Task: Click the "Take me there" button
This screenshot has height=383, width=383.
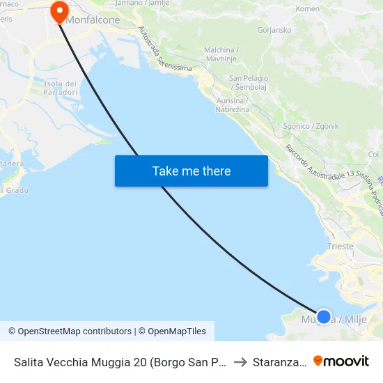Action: (191, 171)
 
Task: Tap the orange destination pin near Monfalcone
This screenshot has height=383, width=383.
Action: (58, 10)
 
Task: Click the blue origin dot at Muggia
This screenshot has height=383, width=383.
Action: (324, 317)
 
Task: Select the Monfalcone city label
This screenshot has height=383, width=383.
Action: (93, 20)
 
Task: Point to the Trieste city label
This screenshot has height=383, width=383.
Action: (341, 246)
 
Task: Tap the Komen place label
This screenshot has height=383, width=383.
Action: (307, 8)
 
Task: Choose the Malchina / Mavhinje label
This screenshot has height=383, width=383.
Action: (222, 54)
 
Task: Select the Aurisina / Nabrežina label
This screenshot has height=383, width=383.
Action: (233, 105)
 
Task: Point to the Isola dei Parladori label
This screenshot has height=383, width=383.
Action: (60, 88)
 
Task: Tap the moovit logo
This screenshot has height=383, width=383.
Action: (341, 361)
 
